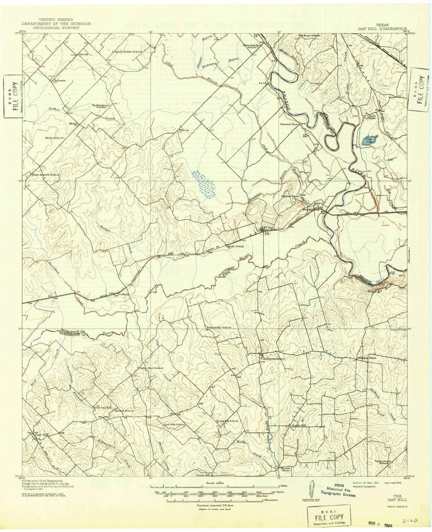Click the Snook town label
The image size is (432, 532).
coord(83,54)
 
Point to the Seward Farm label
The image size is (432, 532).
coord(290,124)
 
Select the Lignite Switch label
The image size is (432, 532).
coord(235,247)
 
